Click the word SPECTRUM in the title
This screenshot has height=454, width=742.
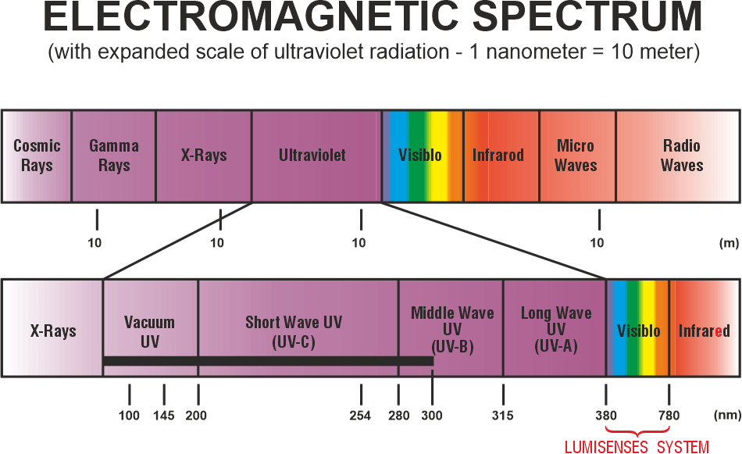click(587, 17)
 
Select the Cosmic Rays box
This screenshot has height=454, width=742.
click(37, 156)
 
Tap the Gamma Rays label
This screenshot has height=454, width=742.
click(114, 156)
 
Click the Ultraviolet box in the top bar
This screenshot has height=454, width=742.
click(316, 156)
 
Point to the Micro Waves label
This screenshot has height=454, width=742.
click(576, 156)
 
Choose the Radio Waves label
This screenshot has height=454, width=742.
click(681, 156)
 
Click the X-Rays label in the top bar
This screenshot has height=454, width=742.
click(204, 156)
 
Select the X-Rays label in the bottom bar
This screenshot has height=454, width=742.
click(53, 331)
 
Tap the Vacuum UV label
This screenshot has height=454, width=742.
click(149, 332)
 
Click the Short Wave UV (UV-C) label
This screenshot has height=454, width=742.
click(294, 332)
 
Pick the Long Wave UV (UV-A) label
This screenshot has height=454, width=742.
click(556, 330)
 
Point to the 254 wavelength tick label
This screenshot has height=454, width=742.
click(360, 416)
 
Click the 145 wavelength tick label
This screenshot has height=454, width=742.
click(164, 416)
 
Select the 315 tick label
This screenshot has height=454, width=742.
click(502, 416)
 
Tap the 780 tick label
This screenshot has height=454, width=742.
click(669, 416)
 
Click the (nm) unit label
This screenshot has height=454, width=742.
click(727, 415)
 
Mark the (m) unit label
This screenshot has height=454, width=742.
click(730, 243)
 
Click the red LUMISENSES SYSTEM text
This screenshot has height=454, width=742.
click(637, 447)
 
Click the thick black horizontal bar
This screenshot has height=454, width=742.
click(268, 361)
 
